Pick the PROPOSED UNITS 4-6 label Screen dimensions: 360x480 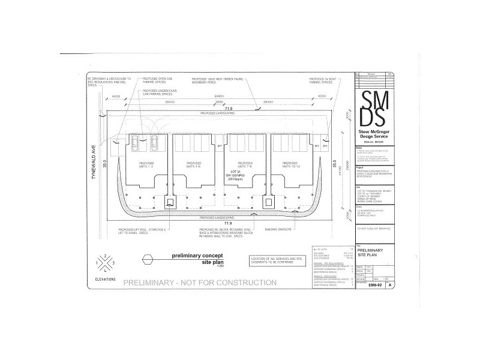coord(194,165)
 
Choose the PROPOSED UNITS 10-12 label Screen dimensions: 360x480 coord(290,165)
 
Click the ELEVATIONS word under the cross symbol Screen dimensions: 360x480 coord(106,279)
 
